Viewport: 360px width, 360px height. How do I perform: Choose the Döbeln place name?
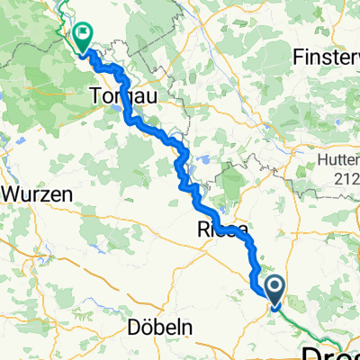tap(160, 328)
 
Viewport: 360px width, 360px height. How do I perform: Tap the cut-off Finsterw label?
tap(327, 57)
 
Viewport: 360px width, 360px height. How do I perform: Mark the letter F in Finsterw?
tap(299, 57)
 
